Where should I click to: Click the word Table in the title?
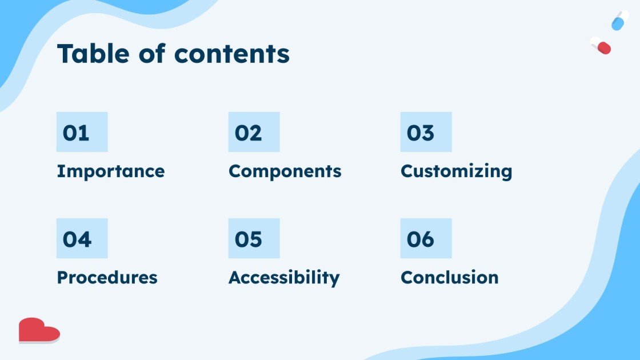tap(94, 54)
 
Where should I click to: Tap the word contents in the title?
tap(232, 54)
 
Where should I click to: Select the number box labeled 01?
tap(82, 132)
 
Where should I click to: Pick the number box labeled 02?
tap(254, 132)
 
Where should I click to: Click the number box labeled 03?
tap(426, 132)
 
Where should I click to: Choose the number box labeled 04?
tap(82, 238)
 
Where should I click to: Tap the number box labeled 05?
tap(254, 238)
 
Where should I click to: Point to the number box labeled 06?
tap(426, 238)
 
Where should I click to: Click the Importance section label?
tap(111, 172)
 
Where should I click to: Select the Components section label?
tap(285, 172)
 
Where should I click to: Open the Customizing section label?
tap(457, 172)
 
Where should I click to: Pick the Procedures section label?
tap(107, 278)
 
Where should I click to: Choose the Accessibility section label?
tap(284, 278)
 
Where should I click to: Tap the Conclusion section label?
tap(450, 278)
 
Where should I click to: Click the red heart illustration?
tap(39, 330)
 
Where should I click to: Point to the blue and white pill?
tap(620, 21)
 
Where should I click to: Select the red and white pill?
tap(601, 46)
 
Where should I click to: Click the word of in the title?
tap(152, 54)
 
